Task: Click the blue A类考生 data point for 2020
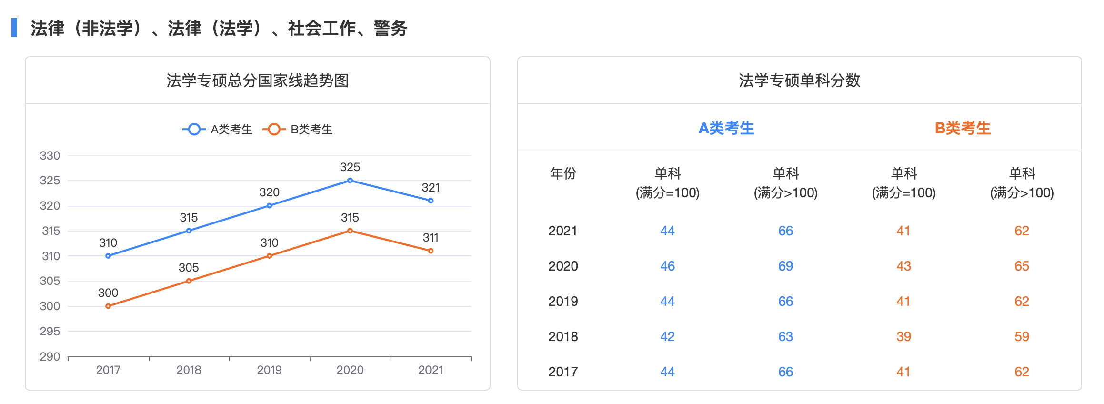(x=350, y=181)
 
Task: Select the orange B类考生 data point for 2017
(x=108, y=306)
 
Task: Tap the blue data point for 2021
(x=431, y=201)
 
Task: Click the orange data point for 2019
(x=270, y=256)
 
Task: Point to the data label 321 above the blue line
(x=431, y=188)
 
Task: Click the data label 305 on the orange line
(x=189, y=268)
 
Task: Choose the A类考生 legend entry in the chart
(x=218, y=129)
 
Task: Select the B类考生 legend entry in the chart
(x=298, y=129)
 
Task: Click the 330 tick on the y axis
(x=50, y=156)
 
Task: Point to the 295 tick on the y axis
(x=50, y=331)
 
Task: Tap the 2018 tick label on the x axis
(x=189, y=370)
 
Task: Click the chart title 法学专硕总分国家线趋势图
(x=258, y=81)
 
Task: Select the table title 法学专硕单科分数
(x=800, y=81)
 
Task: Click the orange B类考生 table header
(x=963, y=128)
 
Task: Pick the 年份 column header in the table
(x=563, y=173)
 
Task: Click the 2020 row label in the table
(x=563, y=266)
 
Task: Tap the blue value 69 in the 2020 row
(x=785, y=266)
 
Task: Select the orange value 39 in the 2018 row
(x=903, y=336)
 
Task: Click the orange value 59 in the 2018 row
(x=1022, y=336)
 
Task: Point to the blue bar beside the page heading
(x=14, y=28)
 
